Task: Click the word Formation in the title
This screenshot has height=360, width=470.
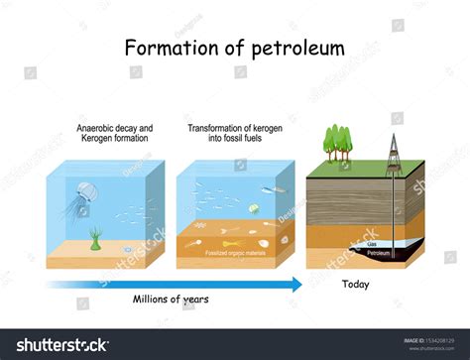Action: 169,47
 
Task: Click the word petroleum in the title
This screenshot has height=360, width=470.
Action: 294,47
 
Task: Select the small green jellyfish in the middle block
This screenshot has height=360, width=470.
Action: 254,208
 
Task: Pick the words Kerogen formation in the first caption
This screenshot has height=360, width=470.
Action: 115,140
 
